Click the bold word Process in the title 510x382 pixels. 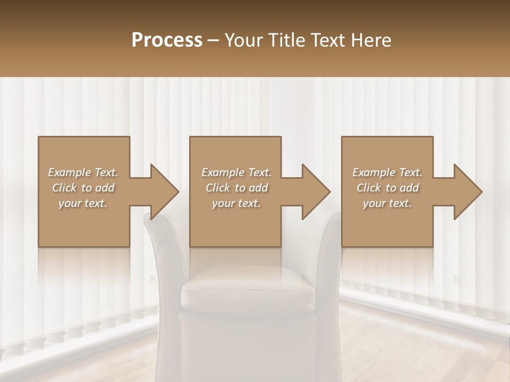click(x=167, y=40)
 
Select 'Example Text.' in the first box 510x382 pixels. click(x=83, y=172)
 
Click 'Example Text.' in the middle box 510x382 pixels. click(x=236, y=172)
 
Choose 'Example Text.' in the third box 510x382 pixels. click(x=387, y=172)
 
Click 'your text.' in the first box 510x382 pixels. click(x=83, y=203)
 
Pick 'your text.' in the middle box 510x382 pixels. click(x=236, y=203)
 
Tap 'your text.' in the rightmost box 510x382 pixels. click(x=387, y=203)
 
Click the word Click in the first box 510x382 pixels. click(x=65, y=188)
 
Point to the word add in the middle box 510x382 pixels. click(x=258, y=188)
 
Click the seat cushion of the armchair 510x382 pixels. click(x=249, y=289)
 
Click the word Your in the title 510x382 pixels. click(x=242, y=40)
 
